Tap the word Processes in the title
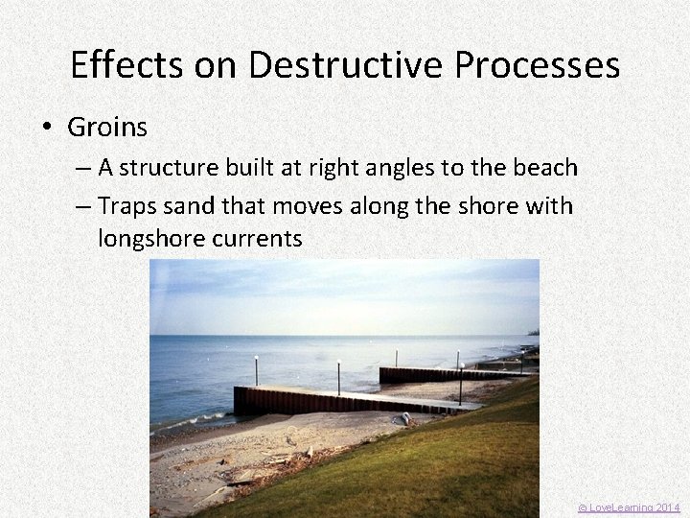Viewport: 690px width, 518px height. (537, 65)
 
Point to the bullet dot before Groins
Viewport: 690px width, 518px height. (50, 128)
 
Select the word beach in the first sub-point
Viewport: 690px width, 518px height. (545, 168)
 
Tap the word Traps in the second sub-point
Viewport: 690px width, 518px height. (127, 206)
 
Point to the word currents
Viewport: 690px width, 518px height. (260, 239)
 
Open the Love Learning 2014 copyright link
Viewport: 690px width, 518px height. (628, 506)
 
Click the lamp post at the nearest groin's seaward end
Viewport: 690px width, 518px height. (256, 369)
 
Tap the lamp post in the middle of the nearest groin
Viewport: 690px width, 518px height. (338, 376)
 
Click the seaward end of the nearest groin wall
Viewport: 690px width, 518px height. (238, 401)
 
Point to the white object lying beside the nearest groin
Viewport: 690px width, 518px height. (405, 419)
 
